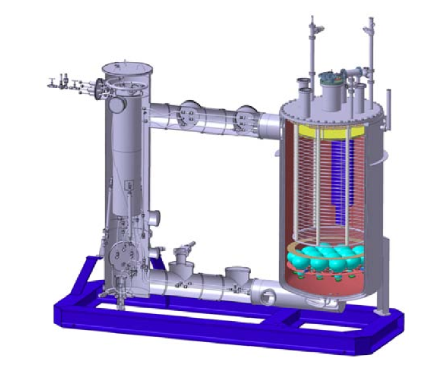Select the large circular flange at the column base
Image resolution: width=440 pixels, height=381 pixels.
tap(121, 255)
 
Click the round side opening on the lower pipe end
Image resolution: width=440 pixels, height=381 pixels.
tap(266, 295)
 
